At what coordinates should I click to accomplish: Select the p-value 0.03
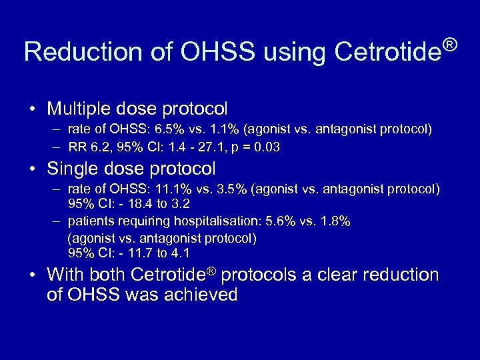[266, 147]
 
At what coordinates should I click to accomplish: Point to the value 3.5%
[229, 189]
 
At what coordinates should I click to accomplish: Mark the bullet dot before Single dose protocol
[32, 168]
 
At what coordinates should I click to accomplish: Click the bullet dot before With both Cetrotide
[32, 275]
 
